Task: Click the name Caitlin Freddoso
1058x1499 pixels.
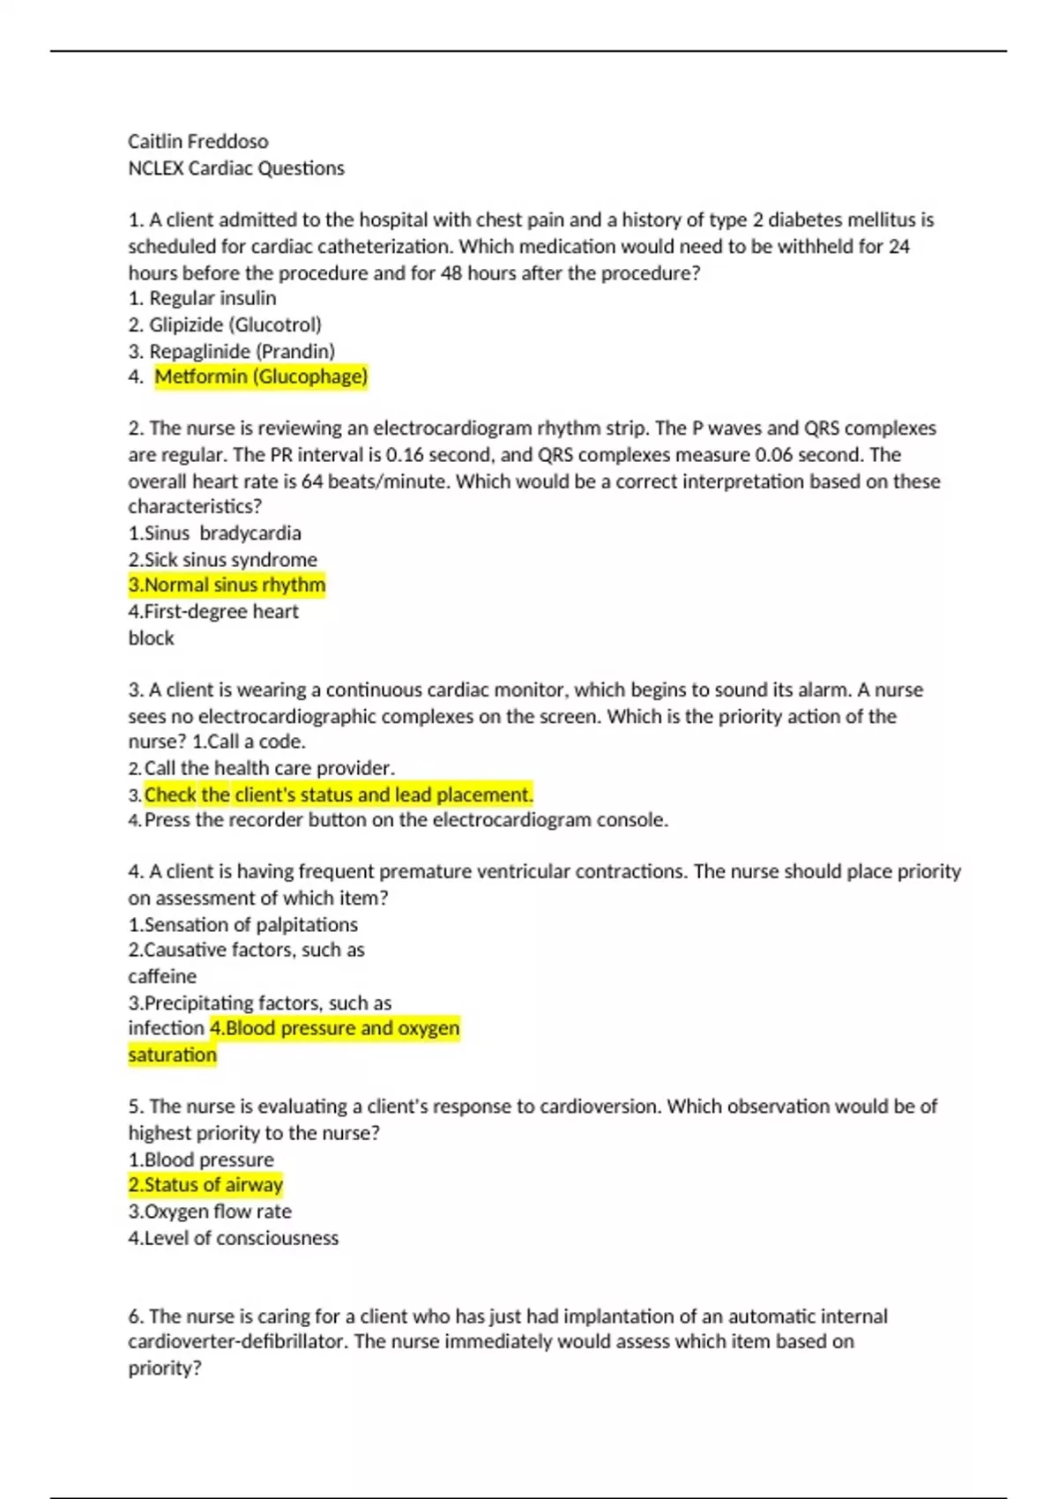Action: (198, 141)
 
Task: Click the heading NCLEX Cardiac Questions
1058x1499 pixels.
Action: (236, 168)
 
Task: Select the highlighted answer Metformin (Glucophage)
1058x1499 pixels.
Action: (261, 377)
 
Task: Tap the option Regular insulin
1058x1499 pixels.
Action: (212, 298)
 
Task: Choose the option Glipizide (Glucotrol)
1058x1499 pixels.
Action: (235, 324)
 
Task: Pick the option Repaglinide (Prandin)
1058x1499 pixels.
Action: (242, 351)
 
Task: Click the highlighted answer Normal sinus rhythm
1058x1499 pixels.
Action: (235, 585)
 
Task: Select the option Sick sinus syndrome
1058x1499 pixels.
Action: (230, 559)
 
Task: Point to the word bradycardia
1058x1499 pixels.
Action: (250, 533)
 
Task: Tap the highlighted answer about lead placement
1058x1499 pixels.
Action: (339, 794)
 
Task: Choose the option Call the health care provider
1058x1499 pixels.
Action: (269, 768)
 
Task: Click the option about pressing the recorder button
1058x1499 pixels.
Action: (406, 820)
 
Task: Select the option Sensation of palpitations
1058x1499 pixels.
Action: (250, 924)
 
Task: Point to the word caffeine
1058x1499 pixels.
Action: (162, 976)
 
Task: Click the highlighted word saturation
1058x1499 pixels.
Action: (172, 1055)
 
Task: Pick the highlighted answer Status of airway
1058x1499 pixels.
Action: (213, 1184)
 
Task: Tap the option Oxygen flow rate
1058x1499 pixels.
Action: (217, 1211)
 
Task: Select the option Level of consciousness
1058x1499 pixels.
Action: (241, 1237)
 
